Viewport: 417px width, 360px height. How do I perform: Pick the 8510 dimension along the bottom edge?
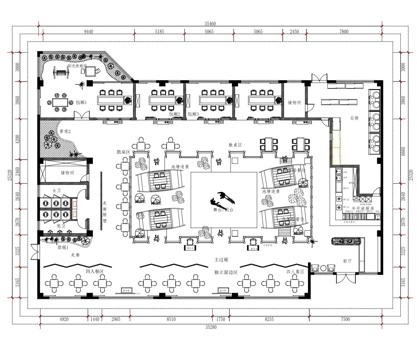tap(172, 317)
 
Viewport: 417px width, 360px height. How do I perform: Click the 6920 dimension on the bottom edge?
tap(64, 317)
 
